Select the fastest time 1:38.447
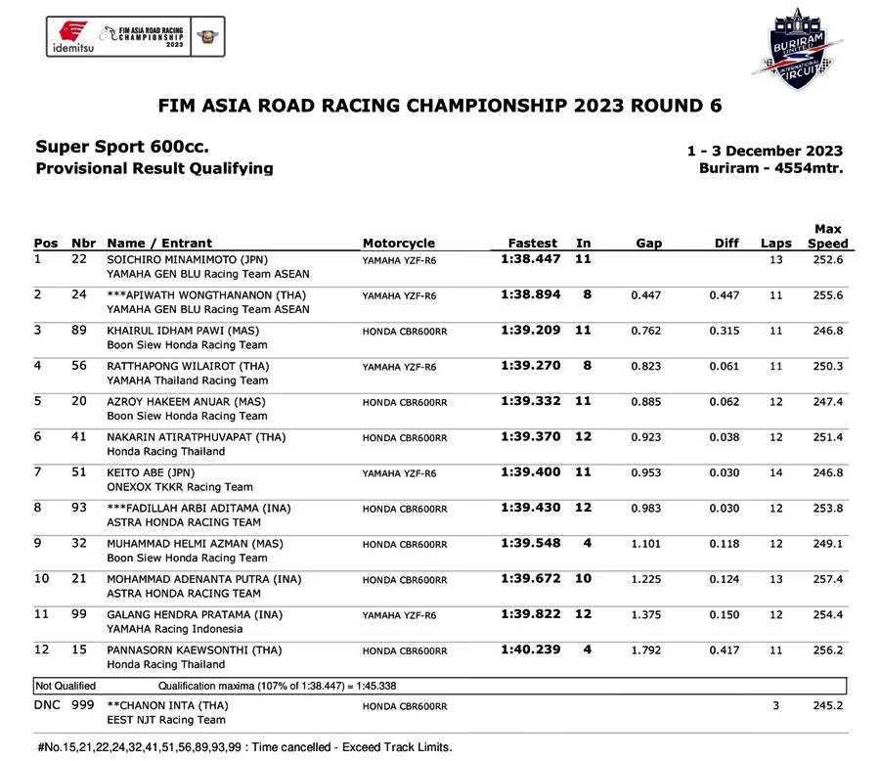tap(531, 259)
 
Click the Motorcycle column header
tap(398, 243)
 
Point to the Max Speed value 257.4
tap(827, 579)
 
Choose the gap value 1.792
tap(646, 650)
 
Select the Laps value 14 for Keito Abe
tap(775, 472)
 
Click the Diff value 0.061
tap(725, 366)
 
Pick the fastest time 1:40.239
tap(531, 649)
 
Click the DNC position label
tap(48, 704)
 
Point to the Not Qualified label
tap(66, 686)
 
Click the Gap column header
tap(648, 243)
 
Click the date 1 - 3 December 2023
tap(765, 151)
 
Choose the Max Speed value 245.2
tap(827, 704)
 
